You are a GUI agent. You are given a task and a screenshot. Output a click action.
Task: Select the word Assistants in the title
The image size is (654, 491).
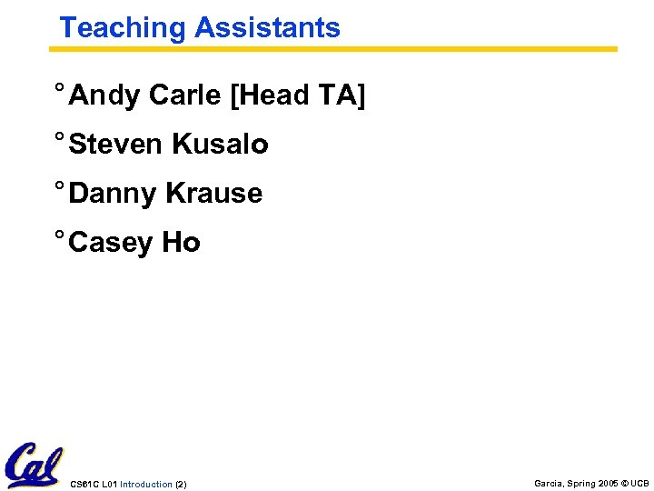[267, 28]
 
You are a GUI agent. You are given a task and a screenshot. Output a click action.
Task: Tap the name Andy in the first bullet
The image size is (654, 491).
[104, 95]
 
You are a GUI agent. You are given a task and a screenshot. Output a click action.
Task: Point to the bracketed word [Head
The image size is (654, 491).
[270, 95]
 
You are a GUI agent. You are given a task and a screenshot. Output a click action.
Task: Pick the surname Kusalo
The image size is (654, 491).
[220, 145]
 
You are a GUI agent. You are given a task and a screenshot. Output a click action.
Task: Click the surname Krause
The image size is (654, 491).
[213, 194]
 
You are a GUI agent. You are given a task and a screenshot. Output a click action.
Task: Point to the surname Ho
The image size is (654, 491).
[181, 243]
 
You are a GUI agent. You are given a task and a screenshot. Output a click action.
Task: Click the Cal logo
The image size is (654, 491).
[34, 465]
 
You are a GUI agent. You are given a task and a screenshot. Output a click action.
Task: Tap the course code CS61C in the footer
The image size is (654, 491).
[84, 485]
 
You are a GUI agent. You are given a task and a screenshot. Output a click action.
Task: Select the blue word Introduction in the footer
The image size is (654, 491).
[145, 485]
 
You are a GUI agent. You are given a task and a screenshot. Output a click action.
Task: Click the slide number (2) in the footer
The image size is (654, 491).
[181, 485]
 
